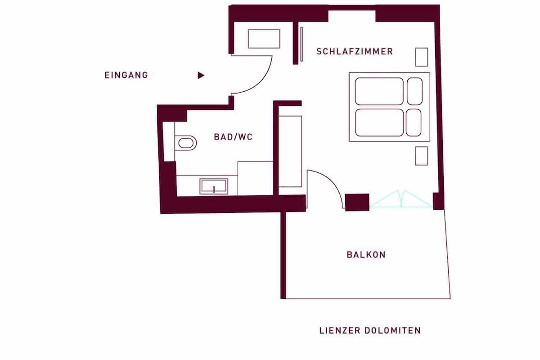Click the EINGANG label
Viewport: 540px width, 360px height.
126,75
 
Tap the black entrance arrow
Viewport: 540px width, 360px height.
201,76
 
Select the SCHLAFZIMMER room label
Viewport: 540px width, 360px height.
355,52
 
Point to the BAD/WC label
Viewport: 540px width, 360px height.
233,137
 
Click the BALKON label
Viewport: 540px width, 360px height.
366,255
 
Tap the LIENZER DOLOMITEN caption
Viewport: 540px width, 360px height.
370,330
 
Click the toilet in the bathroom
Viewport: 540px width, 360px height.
185,143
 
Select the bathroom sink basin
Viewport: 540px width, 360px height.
214,186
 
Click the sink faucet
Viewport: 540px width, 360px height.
214,189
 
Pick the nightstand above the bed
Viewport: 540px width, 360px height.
421,57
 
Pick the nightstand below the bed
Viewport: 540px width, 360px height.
421,156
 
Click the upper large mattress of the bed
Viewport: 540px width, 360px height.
379,91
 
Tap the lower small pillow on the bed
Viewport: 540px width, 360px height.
414,122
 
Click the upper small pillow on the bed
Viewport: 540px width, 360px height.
414,91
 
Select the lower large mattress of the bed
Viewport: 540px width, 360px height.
379,122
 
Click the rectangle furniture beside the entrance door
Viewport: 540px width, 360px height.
264,39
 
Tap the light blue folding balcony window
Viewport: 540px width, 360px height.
401,199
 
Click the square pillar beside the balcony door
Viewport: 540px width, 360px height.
357,202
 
